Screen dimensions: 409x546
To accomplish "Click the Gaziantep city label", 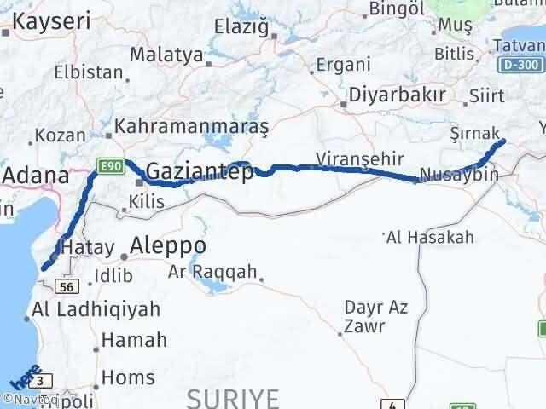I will [x=200, y=172].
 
